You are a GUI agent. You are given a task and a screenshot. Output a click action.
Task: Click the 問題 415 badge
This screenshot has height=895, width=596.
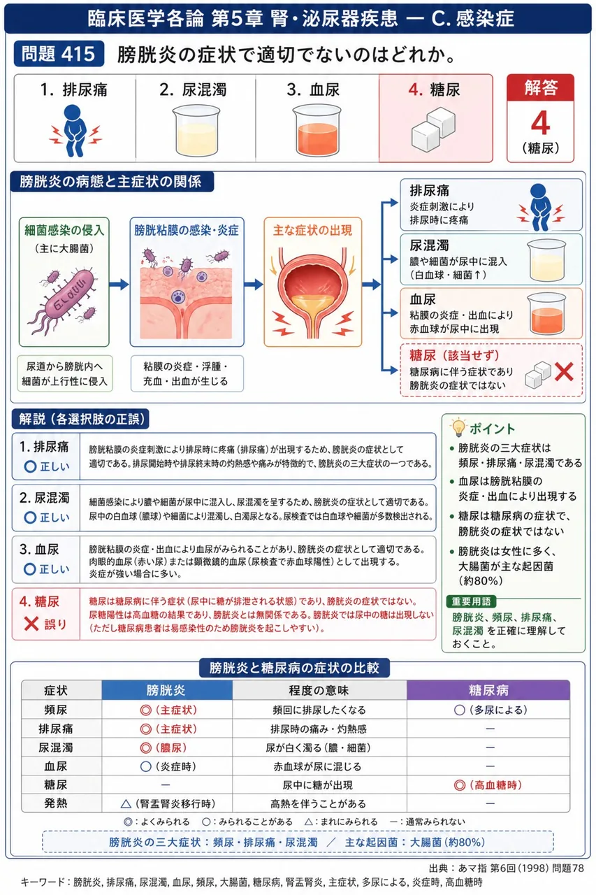point(59,54)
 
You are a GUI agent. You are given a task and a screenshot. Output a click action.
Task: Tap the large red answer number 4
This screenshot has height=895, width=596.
point(540,123)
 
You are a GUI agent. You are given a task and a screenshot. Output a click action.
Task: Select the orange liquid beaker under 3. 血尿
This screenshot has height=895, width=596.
point(317,130)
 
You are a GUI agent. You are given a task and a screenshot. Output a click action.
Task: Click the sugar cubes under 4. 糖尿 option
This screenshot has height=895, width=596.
point(433,129)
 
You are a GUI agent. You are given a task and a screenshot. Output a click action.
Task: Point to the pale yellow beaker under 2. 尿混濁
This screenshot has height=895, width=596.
point(196,130)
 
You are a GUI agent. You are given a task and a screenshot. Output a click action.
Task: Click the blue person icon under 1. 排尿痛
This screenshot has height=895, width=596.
point(75,130)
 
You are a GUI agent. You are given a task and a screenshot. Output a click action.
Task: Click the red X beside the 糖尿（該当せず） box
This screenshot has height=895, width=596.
point(564,371)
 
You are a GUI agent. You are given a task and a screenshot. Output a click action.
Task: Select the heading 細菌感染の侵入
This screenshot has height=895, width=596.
point(64,230)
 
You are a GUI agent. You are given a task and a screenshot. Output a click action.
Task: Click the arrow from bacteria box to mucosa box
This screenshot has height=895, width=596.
point(119,285)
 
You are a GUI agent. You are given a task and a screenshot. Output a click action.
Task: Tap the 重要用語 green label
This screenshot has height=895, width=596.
point(471,601)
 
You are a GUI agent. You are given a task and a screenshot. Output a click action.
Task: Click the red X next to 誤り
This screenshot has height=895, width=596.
point(31,624)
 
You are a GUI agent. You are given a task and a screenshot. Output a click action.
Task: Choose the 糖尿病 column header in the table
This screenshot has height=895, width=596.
point(488,690)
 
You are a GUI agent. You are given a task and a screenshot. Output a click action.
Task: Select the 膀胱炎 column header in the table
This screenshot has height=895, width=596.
point(166,690)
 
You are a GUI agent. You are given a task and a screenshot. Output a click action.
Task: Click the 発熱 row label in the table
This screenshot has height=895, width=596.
point(55,803)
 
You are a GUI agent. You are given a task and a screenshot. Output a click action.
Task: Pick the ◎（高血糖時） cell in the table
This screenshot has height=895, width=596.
point(488,785)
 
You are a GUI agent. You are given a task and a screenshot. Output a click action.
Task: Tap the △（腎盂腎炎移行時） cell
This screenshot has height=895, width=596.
point(168,803)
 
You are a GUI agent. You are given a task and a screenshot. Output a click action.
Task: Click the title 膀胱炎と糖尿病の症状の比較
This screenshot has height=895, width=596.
point(294,668)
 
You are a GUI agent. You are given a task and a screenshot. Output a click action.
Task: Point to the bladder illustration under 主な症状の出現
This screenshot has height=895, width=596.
point(312,292)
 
